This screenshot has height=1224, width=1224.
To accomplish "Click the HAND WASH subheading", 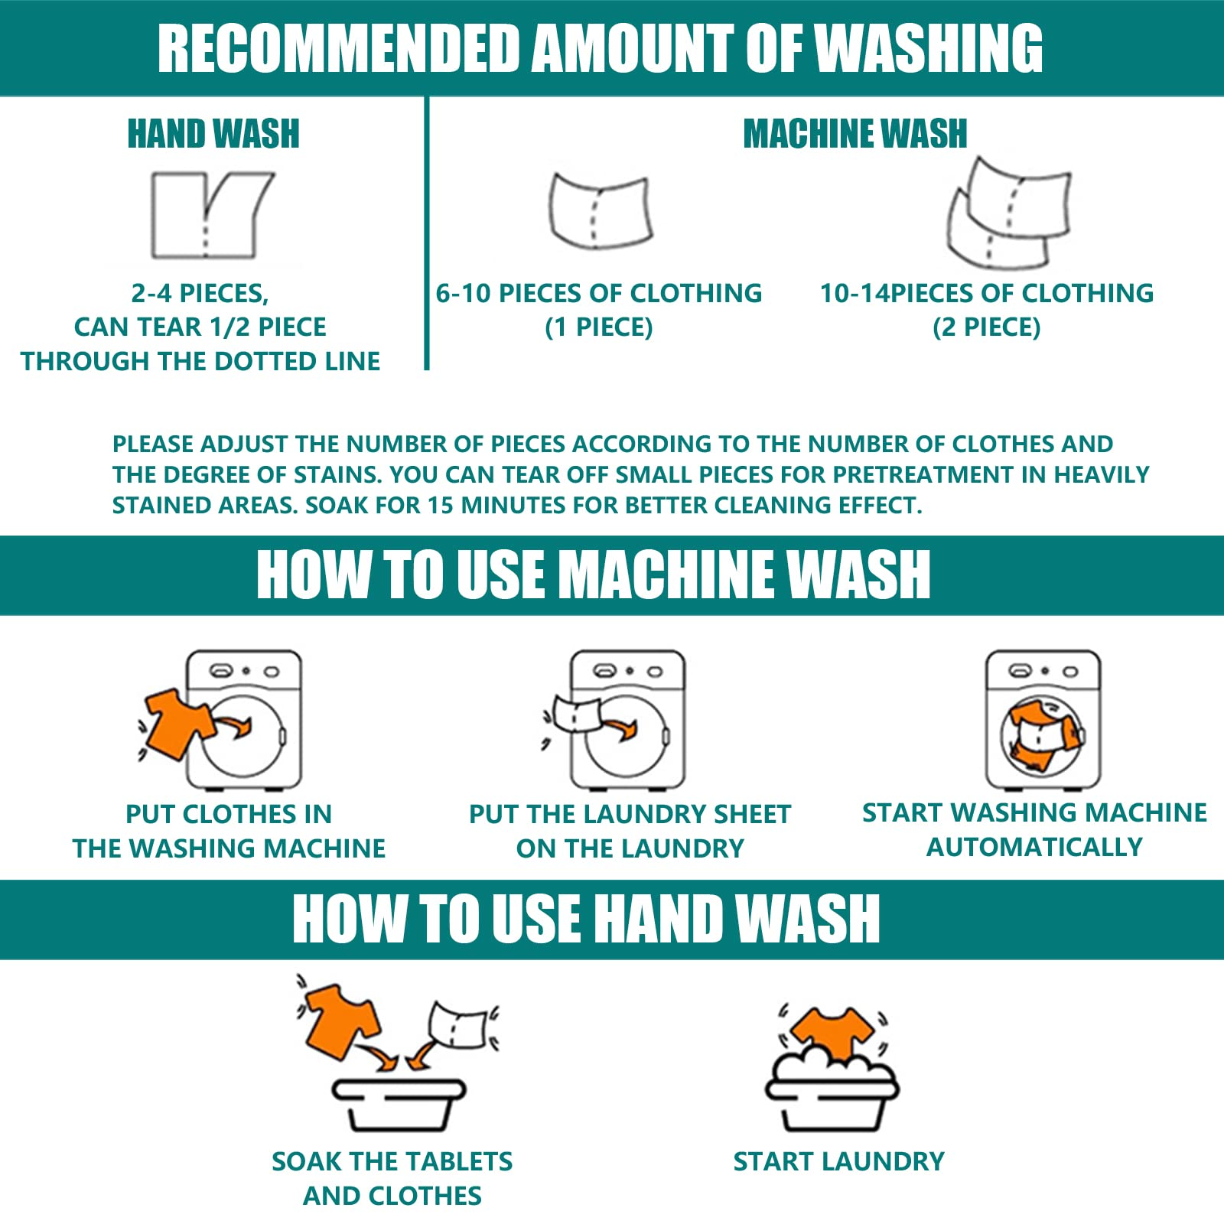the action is (x=213, y=134).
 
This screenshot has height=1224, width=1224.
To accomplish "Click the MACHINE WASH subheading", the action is (x=855, y=134).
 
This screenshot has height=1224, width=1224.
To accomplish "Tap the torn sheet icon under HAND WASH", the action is (x=211, y=215).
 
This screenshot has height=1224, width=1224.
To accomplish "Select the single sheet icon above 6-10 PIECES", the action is (x=600, y=211).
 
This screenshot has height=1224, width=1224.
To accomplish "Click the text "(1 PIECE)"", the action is (x=599, y=327).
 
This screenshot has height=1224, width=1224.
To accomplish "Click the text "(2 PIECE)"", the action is (x=987, y=327).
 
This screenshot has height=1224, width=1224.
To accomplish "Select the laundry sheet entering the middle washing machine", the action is (x=577, y=713).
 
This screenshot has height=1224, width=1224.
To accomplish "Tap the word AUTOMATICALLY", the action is (x=1035, y=848).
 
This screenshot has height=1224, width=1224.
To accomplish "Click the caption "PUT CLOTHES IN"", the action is (x=229, y=814).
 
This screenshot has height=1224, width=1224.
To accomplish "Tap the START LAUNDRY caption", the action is (x=839, y=1162).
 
